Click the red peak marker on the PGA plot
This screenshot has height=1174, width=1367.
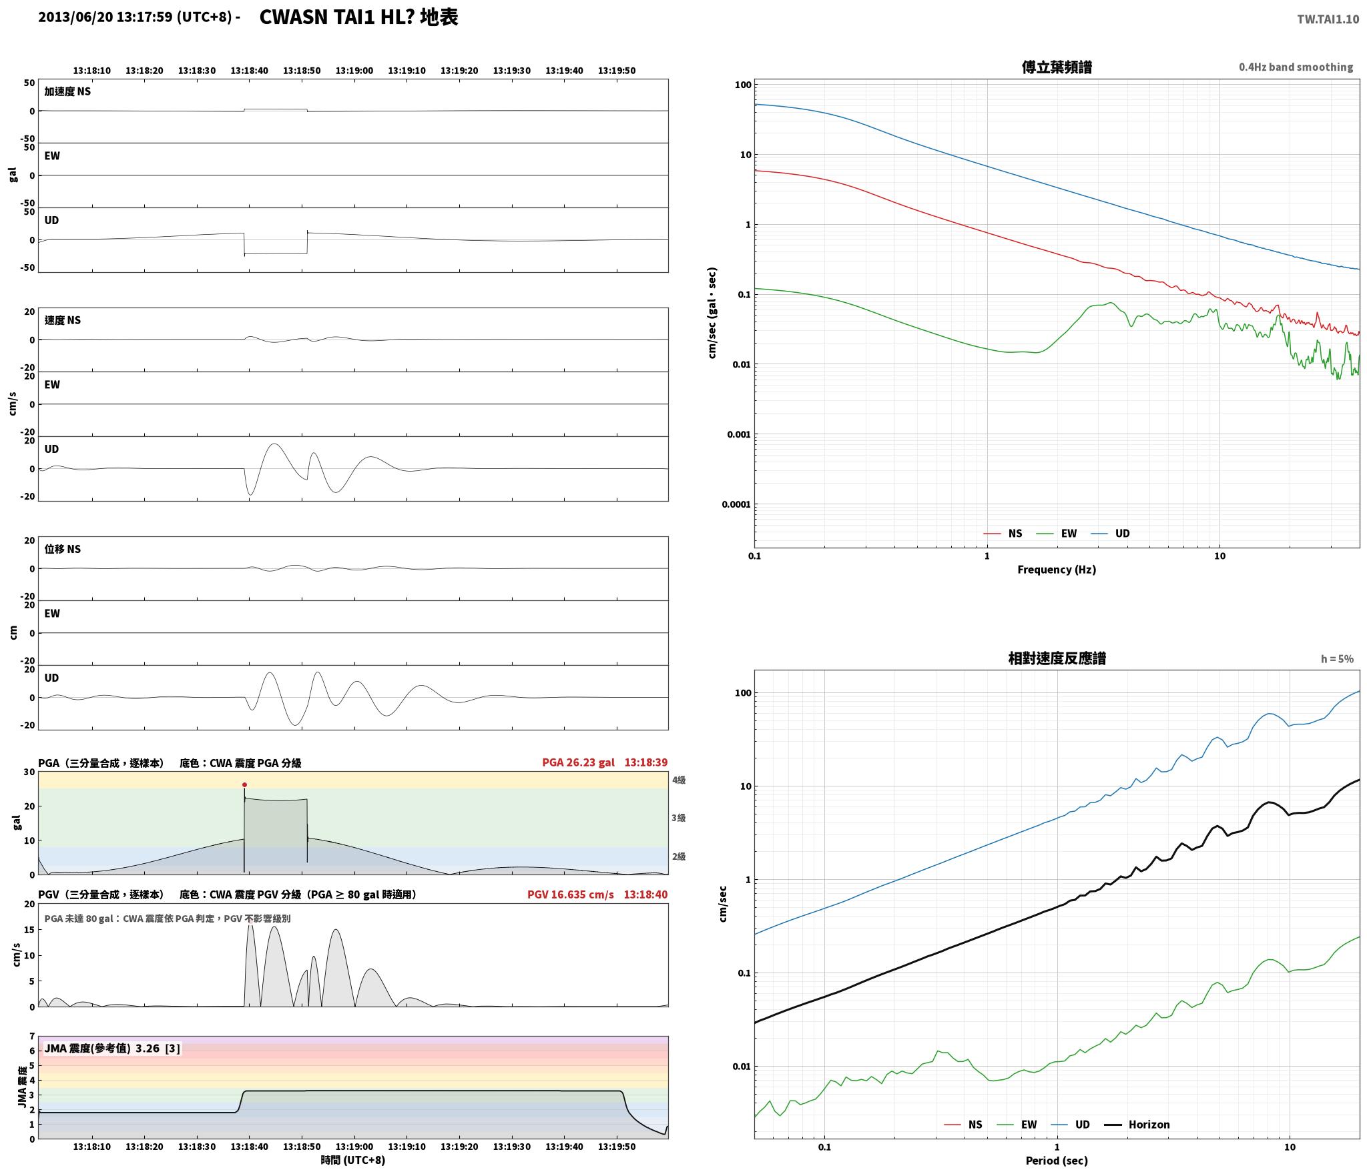point(244,784)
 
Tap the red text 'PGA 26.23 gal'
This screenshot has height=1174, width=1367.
point(578,762)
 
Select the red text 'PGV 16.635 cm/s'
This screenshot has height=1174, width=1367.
point(571,895)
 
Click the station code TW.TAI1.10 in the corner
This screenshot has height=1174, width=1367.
point(1328,19)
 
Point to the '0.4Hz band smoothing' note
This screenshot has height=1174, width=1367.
point(1296,67)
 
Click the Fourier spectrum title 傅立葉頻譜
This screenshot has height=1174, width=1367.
point(1057,67)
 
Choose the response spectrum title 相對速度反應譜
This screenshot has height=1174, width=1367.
point(1057,658)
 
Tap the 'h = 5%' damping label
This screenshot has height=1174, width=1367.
point(1337,659)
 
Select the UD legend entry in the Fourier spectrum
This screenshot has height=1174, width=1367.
point(1111,534)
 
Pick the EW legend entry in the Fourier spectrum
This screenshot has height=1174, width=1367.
point(1057,534)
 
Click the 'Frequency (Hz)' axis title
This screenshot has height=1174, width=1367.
point(1057,570)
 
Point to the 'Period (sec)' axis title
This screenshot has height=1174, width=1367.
point(1057,1161)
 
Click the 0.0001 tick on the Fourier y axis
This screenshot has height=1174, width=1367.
point(736,504)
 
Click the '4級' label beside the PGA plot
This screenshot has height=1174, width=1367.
point(679,780)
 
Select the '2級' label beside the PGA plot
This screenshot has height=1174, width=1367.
point(679,856)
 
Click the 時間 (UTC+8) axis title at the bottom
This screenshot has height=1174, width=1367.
point(353,1160)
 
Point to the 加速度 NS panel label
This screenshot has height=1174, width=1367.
point(67,91)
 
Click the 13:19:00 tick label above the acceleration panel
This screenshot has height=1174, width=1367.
point(354,71)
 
